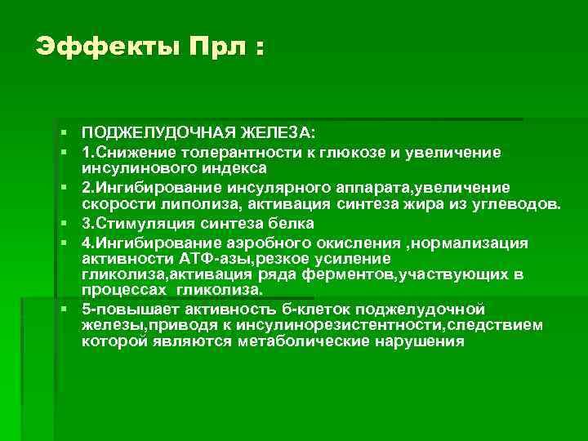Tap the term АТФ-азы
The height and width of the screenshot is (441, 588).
218,258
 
